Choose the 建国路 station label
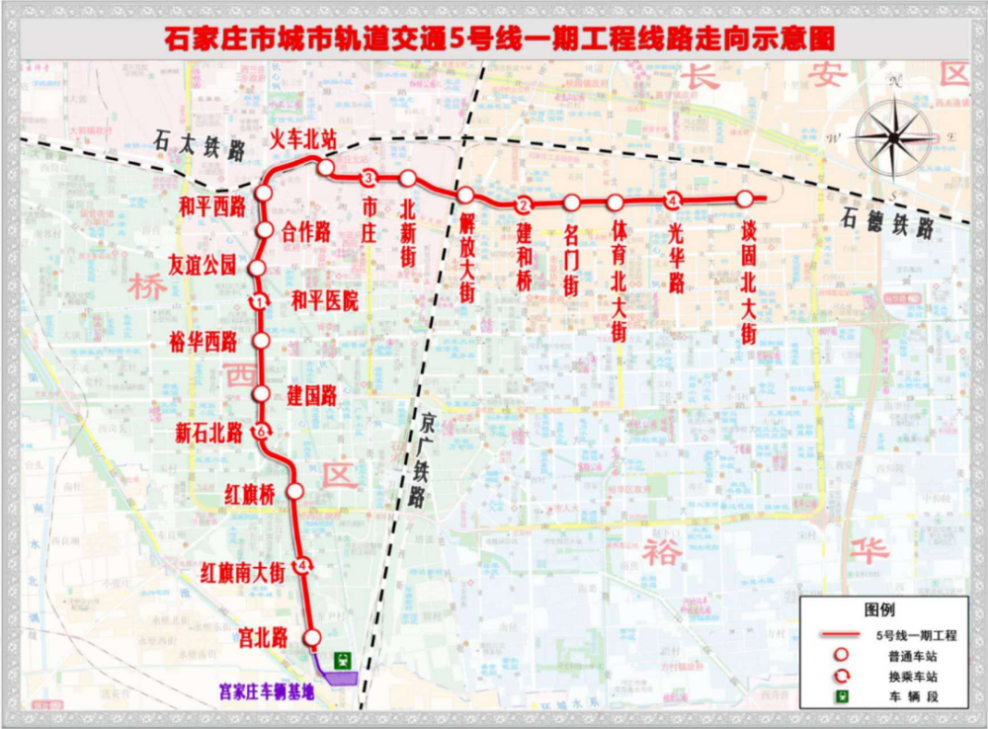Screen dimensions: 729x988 pyautogui.click(x=312, y=396)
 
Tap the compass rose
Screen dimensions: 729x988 pyautogui.click(x=894, y=137)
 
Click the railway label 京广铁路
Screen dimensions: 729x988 pyautogui.click(x=419, y=459)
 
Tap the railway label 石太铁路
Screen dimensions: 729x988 pyautogui.click(x=200, y=148)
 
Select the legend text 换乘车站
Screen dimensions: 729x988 pyautogui.click(x=906, y=677)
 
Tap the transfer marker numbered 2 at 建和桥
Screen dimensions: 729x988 pyautogui.click(x=524, y=204)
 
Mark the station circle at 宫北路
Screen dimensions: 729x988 pyautogui.click(x=313, y=637)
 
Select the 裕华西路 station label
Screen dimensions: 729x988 pyautogui.click(x=204, y=342)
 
